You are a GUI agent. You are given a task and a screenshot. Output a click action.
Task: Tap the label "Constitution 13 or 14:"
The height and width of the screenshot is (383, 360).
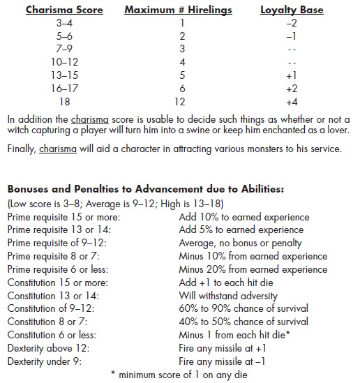coord(54,296)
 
